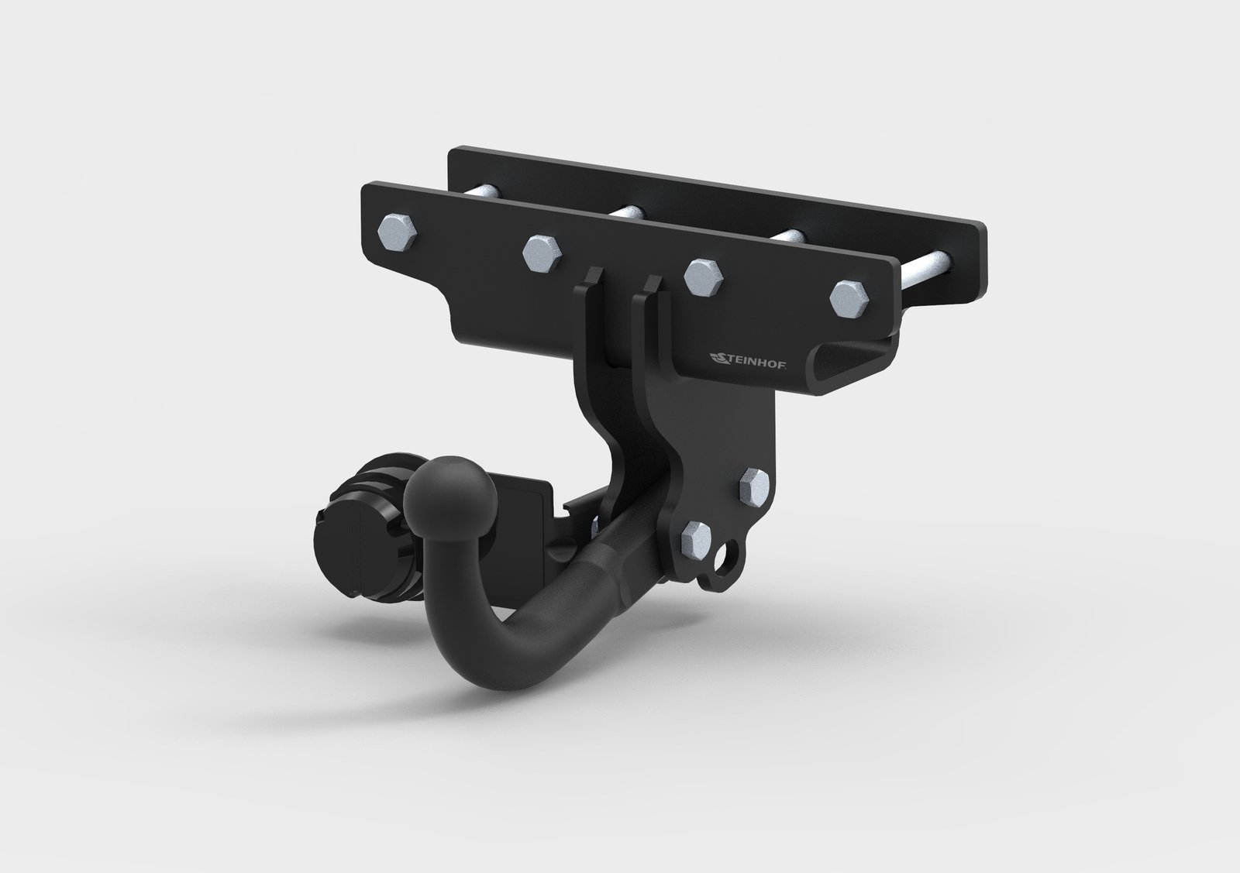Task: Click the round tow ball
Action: coord(450,494)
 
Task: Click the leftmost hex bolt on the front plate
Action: coord(397,232)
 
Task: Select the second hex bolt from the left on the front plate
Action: coord(542,253)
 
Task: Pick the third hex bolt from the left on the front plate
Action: coord(704,277)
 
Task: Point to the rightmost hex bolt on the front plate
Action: coord(849,299)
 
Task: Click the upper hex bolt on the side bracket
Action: coord(754,486)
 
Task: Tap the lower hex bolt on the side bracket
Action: coord(697,540)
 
